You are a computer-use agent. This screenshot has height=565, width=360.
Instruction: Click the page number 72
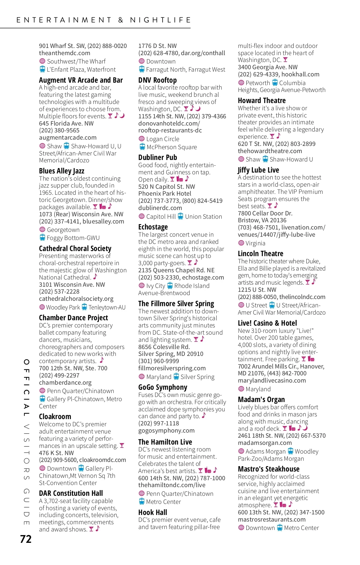click(26, 539)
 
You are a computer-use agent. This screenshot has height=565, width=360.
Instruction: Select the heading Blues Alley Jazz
click(61, 171)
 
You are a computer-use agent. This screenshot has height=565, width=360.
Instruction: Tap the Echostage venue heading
click(153, 227)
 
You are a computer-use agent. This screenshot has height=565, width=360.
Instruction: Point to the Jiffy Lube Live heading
click(258, 170)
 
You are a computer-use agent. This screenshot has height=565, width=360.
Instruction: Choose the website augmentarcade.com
click(68, 138)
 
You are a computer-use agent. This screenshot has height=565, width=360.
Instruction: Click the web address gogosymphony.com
click(166, 431)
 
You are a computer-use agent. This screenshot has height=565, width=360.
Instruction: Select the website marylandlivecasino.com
click(272, 381)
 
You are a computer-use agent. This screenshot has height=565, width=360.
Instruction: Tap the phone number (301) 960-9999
click(159, 361)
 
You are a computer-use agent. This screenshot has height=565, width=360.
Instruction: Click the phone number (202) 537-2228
click(59, 292)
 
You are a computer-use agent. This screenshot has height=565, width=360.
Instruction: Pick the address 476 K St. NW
click(56, 453)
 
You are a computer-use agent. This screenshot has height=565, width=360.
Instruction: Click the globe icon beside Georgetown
click(42, 230)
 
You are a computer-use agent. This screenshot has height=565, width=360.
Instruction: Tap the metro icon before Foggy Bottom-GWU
click(42, 238)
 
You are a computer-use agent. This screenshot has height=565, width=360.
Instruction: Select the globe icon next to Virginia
click(241, 243)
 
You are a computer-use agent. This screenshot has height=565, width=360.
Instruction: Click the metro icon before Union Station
click(180, 216)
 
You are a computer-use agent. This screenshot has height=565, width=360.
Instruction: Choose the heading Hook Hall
click(153, 513)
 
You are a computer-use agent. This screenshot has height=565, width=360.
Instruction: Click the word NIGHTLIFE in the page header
click(160, 20)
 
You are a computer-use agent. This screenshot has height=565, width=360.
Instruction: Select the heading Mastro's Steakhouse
click(268, 469)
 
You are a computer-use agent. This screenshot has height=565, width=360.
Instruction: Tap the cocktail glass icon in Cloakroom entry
click(122, 446)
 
